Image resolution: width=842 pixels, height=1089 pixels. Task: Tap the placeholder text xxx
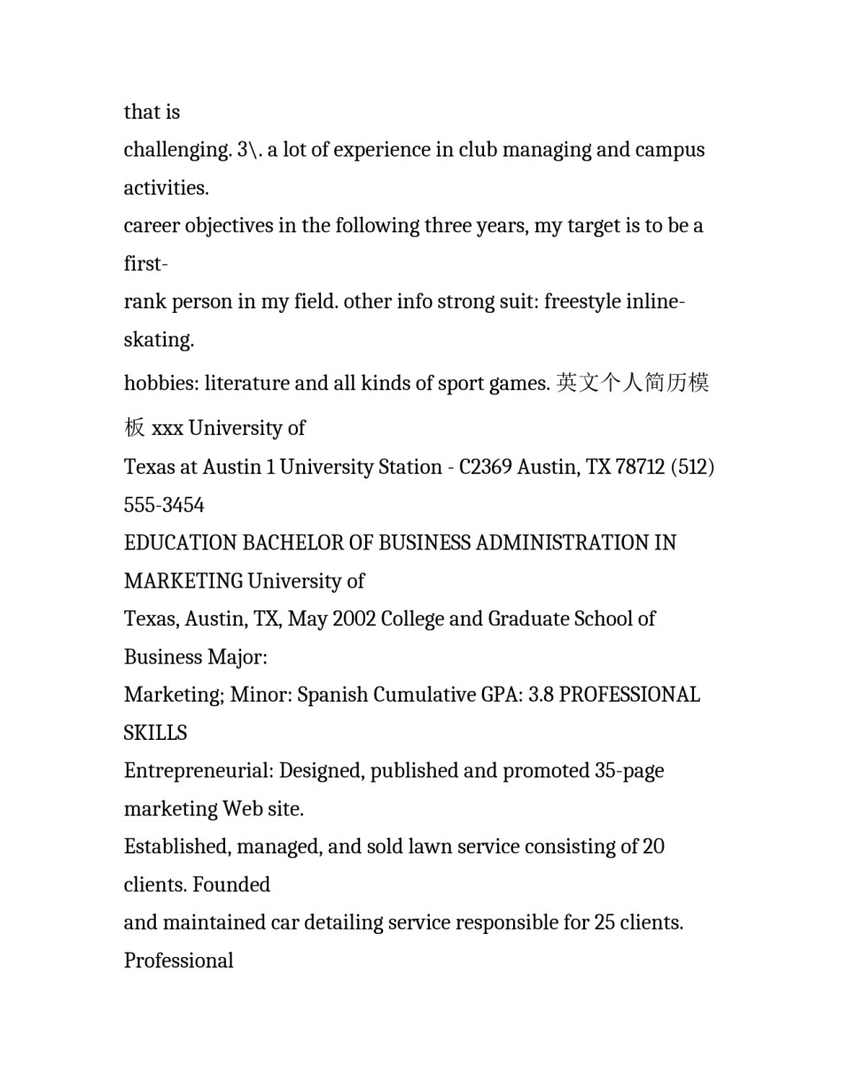[x=168, y=429]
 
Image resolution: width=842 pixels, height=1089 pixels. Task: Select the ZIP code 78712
[x=640, y=467]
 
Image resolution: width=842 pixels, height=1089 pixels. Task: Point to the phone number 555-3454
[x=164, y=505]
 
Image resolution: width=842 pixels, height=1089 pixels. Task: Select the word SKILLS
[x=155, y=734]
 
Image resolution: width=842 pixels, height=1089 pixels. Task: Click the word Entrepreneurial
[x=199, y=771]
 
